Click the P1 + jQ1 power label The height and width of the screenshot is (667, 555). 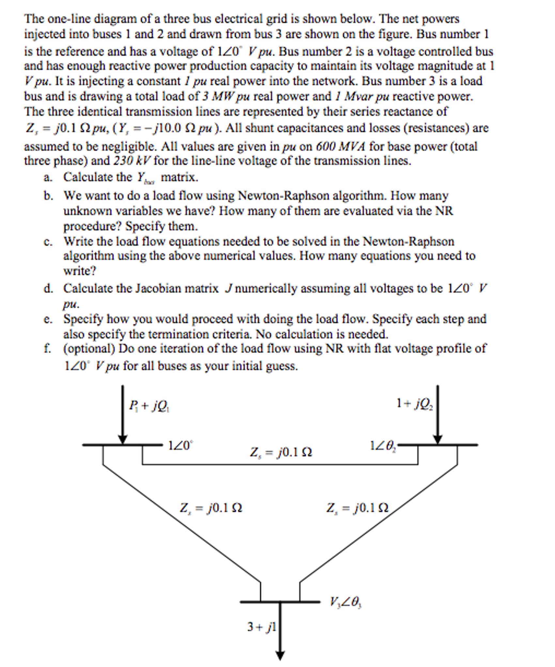tap(149, 406)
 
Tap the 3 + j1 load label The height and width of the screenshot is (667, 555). tap(261, 626)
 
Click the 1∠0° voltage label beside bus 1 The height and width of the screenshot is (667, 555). tap(180, 445)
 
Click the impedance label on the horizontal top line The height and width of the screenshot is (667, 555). tap(281, 452)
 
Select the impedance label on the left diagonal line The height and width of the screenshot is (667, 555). tap(211, 508)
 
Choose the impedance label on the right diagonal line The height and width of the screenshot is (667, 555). tap(357, 508)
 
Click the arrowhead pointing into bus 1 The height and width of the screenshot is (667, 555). tap(123, 439)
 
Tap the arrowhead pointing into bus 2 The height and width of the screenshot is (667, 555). tap(438, 439)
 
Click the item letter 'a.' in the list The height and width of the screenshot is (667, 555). tap(48, 178)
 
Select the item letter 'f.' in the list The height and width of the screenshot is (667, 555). tap(47, 348)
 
